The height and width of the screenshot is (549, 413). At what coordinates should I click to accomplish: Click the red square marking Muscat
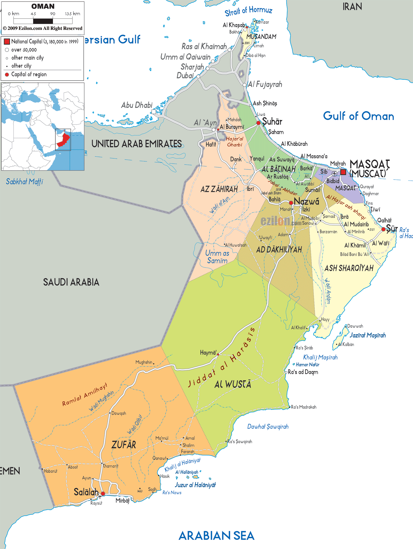[x=343, y=172]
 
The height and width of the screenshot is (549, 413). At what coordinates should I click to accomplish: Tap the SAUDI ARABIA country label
[x=71, y=282]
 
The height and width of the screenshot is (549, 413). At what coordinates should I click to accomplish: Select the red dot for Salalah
[x=103, y=494]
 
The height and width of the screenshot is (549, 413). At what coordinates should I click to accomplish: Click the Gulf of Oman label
[x=358, y=116]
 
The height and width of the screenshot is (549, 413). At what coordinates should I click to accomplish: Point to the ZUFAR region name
[x=124, y=445]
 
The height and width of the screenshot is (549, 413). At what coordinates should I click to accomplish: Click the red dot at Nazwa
[x=291, y=203]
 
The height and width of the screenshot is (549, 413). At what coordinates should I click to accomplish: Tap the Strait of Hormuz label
[x=248, y=11]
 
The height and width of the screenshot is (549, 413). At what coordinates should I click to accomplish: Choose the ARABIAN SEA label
[x=216, y=536]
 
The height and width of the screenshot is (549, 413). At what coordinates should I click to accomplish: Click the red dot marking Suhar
[x=258, y=123]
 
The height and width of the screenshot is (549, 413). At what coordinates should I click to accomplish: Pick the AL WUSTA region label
[x=233, y=384]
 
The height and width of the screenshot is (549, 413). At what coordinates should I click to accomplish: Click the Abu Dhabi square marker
[x=154, y=112]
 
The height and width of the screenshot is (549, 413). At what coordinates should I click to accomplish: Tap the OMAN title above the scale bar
[x=43, y=6]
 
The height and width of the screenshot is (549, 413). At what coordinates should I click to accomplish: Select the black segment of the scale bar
[x=43, y=21]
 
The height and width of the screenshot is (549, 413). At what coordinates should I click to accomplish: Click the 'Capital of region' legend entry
[x=29, y=74]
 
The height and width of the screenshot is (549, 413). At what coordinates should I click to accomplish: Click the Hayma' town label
[x=208, y=352]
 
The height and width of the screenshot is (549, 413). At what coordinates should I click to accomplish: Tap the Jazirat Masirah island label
[x=367, y=335]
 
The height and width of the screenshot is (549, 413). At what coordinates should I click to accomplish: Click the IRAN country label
[x=352, y=6]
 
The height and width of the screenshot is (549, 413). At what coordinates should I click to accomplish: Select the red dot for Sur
[x=383, y=229]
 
